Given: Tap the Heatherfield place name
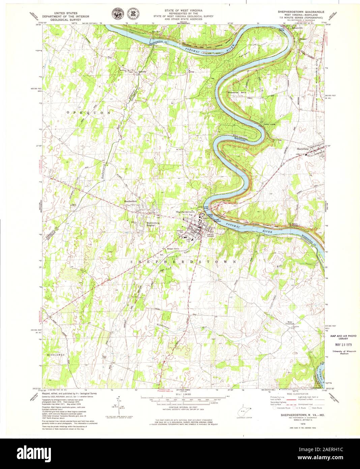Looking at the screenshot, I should click(x=131, y=201).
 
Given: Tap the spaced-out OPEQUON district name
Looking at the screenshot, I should click(x=88, y=112).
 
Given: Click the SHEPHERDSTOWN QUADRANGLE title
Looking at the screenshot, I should click(x=301, y=11).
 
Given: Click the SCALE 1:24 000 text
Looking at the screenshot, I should click(x=182, y=394).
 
